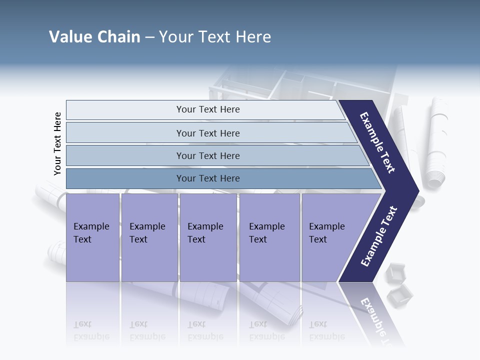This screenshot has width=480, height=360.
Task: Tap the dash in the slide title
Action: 149,37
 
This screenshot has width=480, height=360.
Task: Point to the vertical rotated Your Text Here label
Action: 57,144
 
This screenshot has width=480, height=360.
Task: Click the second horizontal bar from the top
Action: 207,133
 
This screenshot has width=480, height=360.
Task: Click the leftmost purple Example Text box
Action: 92,237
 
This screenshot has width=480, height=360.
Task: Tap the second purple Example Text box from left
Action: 149,237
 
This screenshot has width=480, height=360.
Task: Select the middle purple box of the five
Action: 208,237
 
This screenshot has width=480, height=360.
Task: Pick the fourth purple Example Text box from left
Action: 269,237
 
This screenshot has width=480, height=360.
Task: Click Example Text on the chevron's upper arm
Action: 377,142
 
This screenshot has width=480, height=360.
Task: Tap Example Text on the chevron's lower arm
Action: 379,236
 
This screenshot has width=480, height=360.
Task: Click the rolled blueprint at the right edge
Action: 436,142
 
